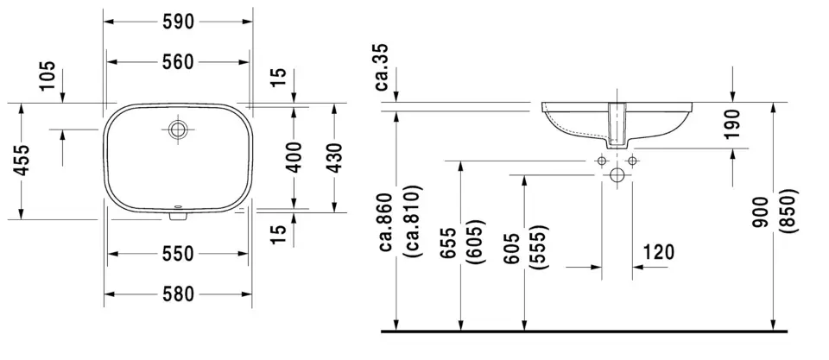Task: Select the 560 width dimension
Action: click(x=178, y=61)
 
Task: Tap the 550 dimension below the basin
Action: click(x=178, y=254)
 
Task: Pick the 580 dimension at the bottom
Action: click(x=178, y=294)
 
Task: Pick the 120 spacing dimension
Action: click(x=659, y=251)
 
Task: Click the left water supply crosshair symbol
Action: click(x=601, y=161)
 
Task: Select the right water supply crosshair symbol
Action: click(x=632, y=161)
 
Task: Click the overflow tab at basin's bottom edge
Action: click(x=178, y=213)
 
